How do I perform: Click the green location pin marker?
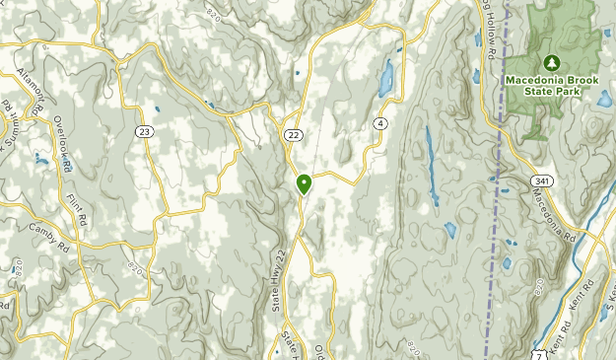pos(304,182)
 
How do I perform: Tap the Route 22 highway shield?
pos(294,134)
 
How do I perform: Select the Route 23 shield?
pos(146,131)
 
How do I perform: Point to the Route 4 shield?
pos(379,123)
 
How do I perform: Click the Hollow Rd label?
pos(485,30)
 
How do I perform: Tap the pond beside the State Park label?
pos(603,97)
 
